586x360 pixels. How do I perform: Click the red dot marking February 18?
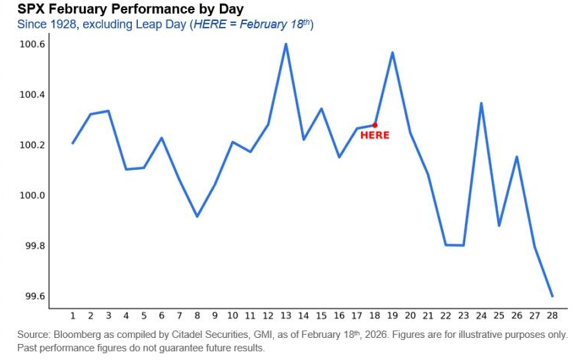pos(375,125)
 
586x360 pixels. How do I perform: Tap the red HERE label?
pos(375,136)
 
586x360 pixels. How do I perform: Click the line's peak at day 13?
pos(286,44)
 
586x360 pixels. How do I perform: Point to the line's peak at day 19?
pos(393,53)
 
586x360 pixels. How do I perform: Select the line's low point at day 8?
pos(197,216)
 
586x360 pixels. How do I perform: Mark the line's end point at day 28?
pos(552,296)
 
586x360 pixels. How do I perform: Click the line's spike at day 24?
pos(481,103)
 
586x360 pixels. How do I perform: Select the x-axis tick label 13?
pos(286,315)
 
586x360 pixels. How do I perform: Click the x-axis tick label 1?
pos(73,315)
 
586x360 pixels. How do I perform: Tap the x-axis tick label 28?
pos(552,315)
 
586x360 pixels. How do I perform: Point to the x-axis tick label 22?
pos(445,315)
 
